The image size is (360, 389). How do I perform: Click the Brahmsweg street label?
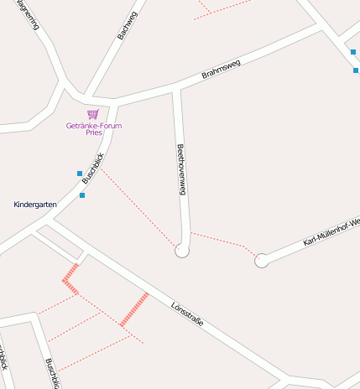[x=221, y=69]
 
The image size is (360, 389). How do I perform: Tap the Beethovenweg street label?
[x=180, y=170]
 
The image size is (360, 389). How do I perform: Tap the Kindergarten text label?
[x=34, y=205]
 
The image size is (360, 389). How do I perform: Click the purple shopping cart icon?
[x=93, y=114]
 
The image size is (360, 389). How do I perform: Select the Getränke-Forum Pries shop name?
[x=93, y=128]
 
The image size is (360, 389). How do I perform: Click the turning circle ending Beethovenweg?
[x=182, y=250]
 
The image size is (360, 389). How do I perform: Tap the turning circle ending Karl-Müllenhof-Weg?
[x=261, y=261]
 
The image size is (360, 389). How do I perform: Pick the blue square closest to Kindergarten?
[x=82, y=195]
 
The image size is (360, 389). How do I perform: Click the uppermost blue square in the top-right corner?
[x=353, y=52]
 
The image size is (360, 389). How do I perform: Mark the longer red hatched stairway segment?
[x=134, y=309]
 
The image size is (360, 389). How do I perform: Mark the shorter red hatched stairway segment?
[x=70, y=279]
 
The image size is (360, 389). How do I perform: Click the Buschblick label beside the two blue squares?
[x=92, y=170]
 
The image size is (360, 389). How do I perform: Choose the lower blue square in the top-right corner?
[x=356, y=70]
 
